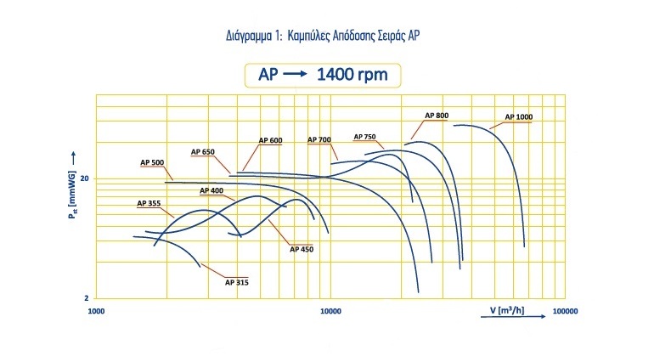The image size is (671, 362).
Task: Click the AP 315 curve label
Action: point(237,281)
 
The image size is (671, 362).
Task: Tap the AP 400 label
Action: point(211,190)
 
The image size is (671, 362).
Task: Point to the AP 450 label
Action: point(302,249)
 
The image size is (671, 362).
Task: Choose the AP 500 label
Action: point(152,161)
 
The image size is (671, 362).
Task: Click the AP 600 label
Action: point(270,140)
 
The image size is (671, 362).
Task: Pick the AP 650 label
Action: point(203,151)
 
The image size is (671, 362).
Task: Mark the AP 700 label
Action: point(319,139)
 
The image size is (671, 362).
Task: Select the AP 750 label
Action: point(365,136)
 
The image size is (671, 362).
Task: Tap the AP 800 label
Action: point(437,116)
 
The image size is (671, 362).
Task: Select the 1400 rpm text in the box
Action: point(352,75)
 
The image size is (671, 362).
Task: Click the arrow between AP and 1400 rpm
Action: point(294,75)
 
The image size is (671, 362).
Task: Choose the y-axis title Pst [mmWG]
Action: point(73,193)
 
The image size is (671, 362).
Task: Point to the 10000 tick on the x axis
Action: point(330,311)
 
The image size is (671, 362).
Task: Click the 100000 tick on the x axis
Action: point(565,311)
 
